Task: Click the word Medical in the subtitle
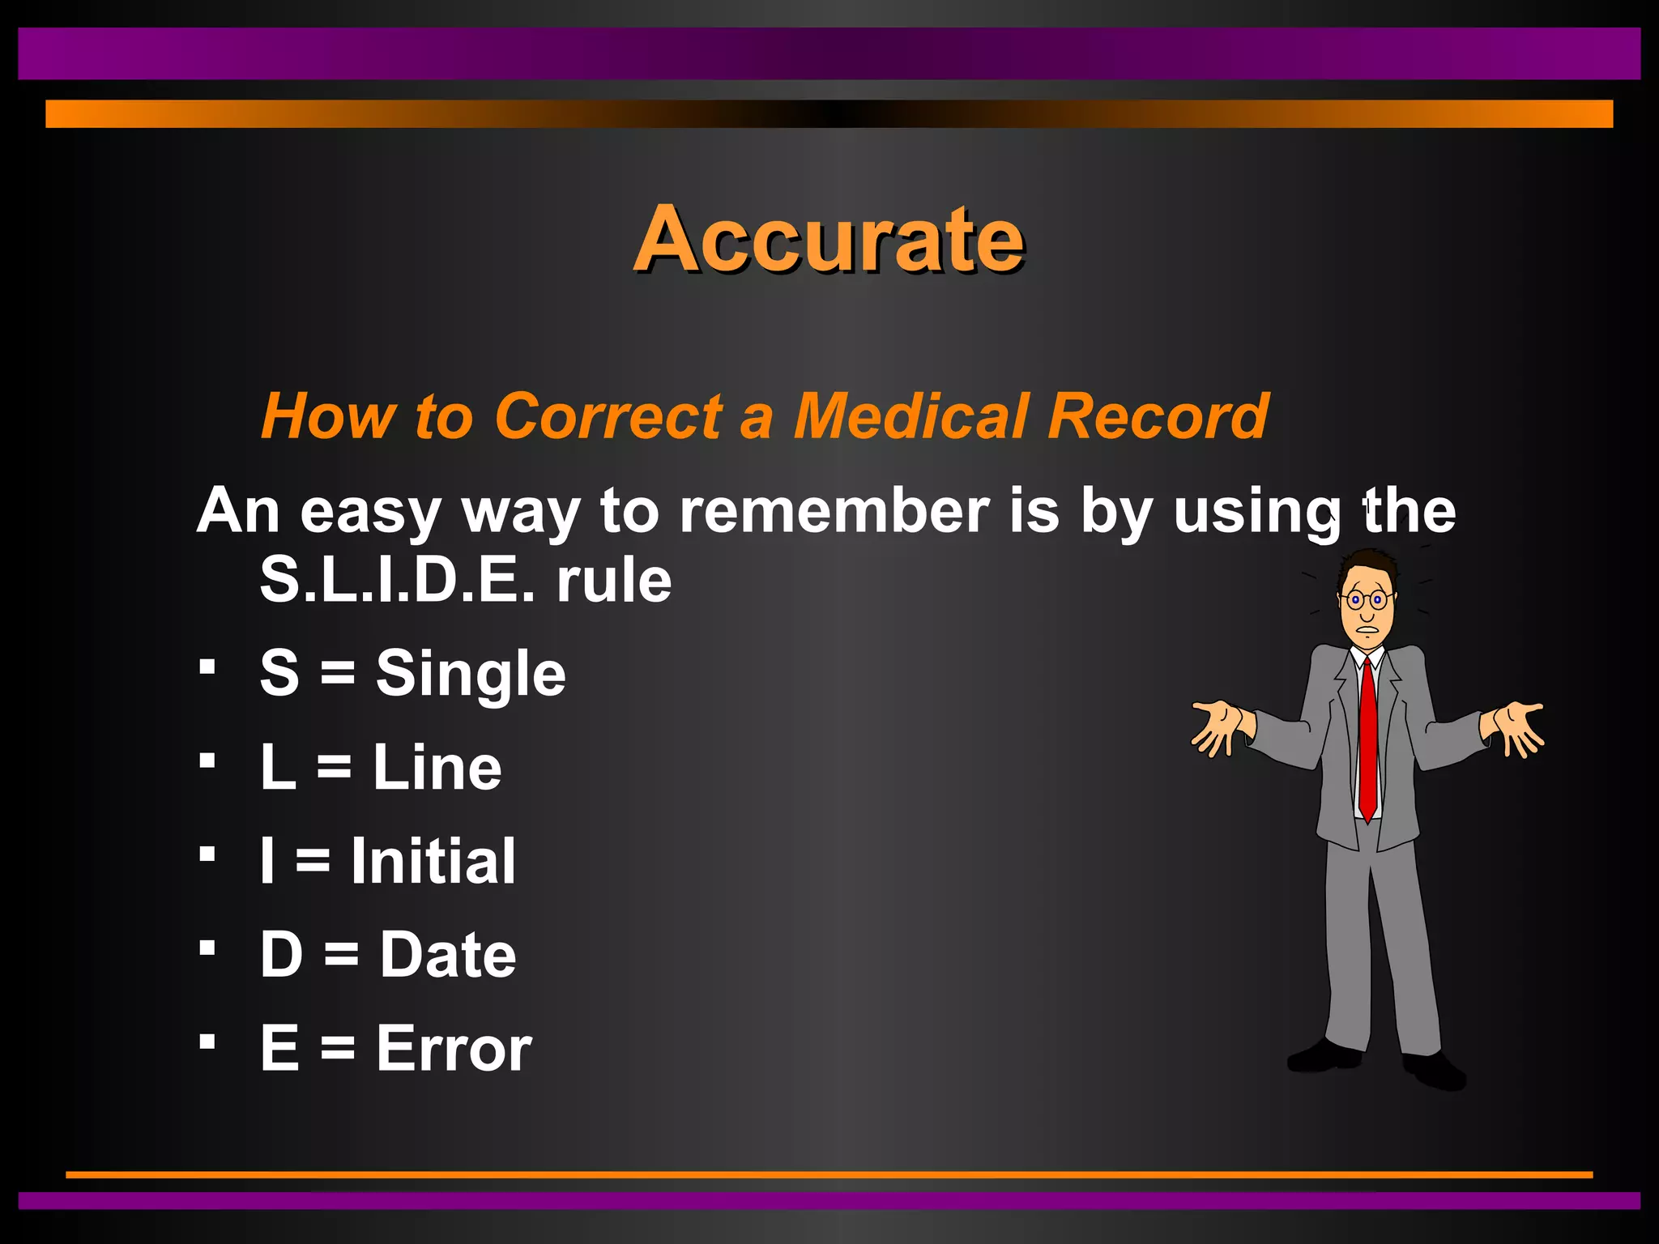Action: [x=911, y=416]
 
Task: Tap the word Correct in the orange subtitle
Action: [x=608, y=416]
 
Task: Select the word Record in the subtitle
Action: [x=1158, y=416]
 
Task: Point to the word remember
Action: [x=834, y=511]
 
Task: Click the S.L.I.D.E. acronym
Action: [x=397, y=580]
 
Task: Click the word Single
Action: [x=471, y=674]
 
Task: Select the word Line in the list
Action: [x=437, y=768]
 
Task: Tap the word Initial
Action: [x=433, y=861]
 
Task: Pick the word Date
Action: [x=448, y=955]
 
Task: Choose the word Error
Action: [x=454, y=1049]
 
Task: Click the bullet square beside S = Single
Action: [x=207, y=667]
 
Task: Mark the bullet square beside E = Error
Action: [x=207, y=1041]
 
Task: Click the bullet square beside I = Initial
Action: [x=207, y=854]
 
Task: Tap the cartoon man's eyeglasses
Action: [x=1366, y=600]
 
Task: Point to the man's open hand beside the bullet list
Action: [x=1216, y=726]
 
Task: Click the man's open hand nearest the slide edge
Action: [x=1516, y=726]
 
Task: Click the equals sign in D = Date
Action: [x=341, y=956]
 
